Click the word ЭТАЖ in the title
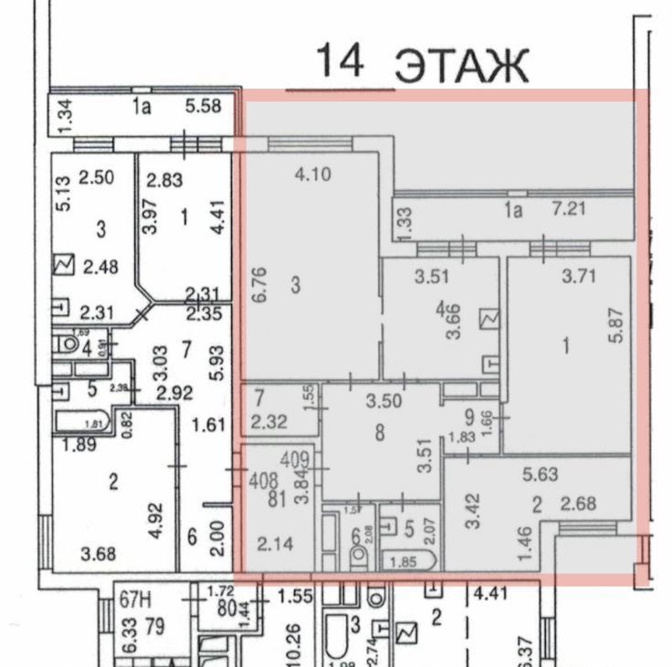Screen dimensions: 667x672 click(463, 66)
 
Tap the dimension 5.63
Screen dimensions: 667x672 click(541, 474)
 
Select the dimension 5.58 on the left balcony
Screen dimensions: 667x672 click(202, 108)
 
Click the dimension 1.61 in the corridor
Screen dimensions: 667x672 click(208, 423)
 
